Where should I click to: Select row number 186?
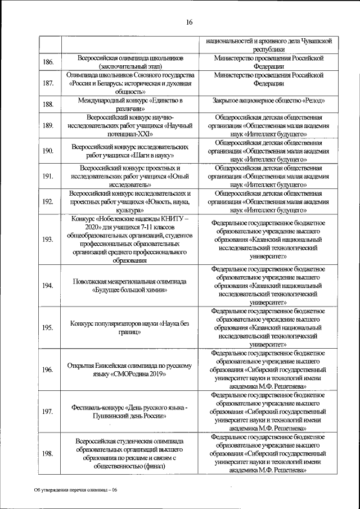tap(48, 62)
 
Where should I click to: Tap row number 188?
tap(48, 104)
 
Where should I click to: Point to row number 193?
tap(48, 240)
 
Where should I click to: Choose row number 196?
tap(48, 370)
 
